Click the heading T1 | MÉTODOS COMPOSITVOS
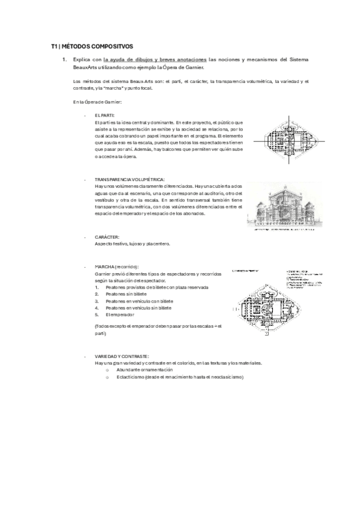[92, 46]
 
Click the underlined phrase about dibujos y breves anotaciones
[156, 60]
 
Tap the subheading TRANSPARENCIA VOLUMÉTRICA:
[130, 179]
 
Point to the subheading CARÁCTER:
[107, 237]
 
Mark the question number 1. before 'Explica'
[64, 60]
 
